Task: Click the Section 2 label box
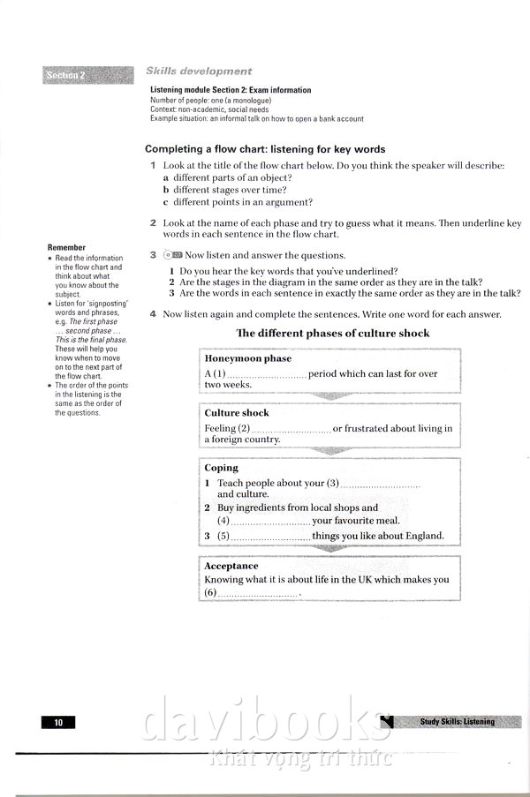click(x=82, y=75)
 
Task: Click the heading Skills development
click(x=198, y=71)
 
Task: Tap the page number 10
click(x=58, y=723)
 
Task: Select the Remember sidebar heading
click(x=67, y=248)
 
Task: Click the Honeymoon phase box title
click(x=247, y=359)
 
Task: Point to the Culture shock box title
click(x=237, y=413)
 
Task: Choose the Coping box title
click(x=221, y=468)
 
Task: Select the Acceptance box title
click(x=231, y=566)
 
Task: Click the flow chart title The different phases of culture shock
click(x=332, y=334)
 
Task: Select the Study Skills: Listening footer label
click(x=458, y=722)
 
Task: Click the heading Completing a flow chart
click(x=265, y=149)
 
